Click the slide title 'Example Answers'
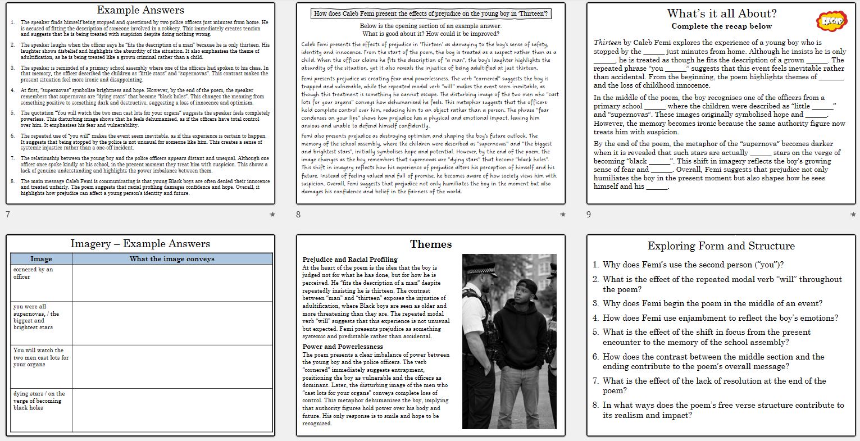(140, 10)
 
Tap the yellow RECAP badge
(829, 21)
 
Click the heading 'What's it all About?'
(722, 13)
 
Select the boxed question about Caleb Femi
(431, 13)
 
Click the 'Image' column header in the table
(41, 259)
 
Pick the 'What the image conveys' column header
(172, 259)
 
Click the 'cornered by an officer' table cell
(41, 273)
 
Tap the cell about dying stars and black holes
(41, 401)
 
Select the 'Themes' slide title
(431, 244)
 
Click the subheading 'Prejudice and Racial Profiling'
(349, 260)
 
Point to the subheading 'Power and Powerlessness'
(342, 347)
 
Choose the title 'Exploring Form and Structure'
(721, 246)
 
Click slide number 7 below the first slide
(7, 215)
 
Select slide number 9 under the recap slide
(589, 215)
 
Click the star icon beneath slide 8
(562, 215)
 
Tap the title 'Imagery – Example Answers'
(140, 244)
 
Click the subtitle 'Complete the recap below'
(722, 26)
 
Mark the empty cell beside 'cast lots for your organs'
(172, 367)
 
